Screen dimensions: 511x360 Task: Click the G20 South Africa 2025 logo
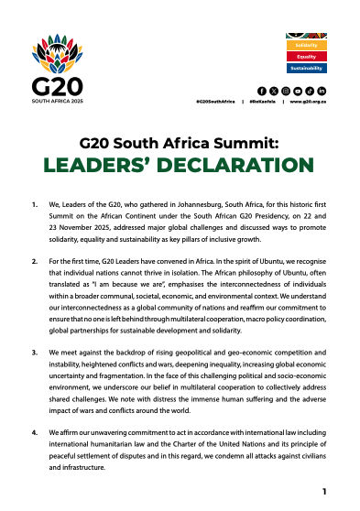[60, 68]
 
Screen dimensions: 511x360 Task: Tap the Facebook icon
[262, 91]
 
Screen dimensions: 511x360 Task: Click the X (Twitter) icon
[274, 91]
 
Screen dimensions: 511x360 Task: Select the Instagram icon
[286, 91]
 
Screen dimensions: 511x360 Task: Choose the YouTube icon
[298, 91]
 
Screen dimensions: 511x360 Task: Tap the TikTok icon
[310, 91]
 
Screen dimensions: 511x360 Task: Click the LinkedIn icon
[322, 91]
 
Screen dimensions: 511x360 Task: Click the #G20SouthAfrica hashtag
[215, 103]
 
